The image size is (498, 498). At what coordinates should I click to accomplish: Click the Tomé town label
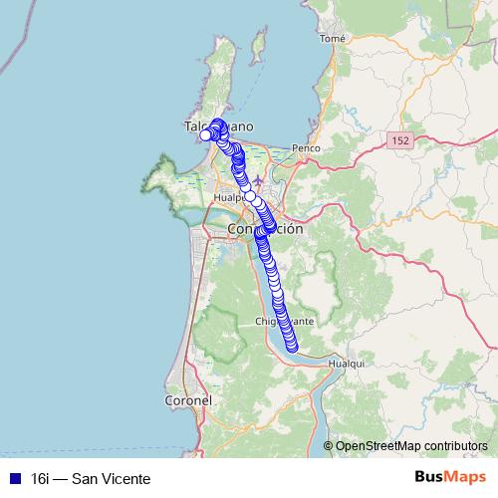pos(333,39)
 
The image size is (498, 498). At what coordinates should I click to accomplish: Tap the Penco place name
pos(305,148)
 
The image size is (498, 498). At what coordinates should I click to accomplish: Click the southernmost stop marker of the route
pos(293,347)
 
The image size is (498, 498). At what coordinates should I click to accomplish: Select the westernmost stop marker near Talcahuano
pos(206,135)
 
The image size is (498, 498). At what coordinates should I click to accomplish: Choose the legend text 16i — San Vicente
pos(91,479)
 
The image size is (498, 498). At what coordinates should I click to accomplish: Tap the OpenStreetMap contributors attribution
pos(411,446)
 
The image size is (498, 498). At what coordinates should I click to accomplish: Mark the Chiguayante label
pos(285,322)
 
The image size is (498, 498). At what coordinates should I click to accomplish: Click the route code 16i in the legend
pos(41,479)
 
